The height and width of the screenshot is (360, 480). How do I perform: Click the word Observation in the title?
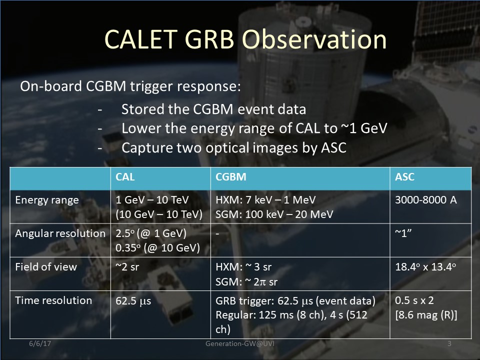pyautogui.click(x=314, y=39)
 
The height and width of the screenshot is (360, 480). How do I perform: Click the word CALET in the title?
pyautogui.click(x=141, y=39)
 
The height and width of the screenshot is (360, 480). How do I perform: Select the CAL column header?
pyautogui.click(x=125, y=177)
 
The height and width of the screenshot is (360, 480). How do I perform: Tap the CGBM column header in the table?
pyautogui.click(x=231, y=177)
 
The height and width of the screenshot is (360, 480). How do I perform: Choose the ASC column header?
pyautogui.click(x=404, y=177)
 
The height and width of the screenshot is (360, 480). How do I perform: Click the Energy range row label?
pyautogui.click(x=47, y=200)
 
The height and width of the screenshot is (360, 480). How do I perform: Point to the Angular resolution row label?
pyautogui.click(x=60, y=233)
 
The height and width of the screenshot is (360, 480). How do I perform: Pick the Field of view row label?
pyautogui.click(x=46, y=267)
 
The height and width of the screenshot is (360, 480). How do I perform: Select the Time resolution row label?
pyautogui.click(x=53, y=300)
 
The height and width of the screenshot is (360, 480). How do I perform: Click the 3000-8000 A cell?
pyautogui.click(x=426, y=200)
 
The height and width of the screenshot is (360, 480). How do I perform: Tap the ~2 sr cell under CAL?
pyautogui.click(x=127, y=267)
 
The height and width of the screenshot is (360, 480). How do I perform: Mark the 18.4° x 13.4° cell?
pyautogui.click(x=425, y=267)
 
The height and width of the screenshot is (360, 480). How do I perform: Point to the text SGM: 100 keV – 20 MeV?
pyautogui.click(x=274, y=214)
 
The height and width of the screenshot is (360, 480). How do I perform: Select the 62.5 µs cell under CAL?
pyautogui.click(x=133, y=301)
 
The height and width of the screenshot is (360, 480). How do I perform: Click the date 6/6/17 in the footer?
pyautogui.click(x=40, y=343)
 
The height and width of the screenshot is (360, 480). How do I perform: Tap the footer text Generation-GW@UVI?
pyautogui.click(x=240, y=343)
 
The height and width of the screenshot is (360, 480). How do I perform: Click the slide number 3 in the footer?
pyautogui.click(x=449, y=343)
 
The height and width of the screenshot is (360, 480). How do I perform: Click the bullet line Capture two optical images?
pyautogui.click(x=234, y=148)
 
